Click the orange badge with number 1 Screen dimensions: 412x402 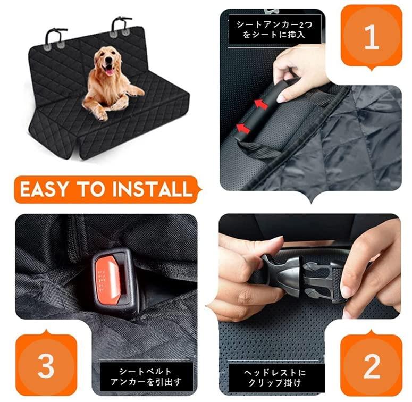[371, 37]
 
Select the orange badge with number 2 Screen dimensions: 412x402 [372, 365]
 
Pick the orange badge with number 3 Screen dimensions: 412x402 [46, 365]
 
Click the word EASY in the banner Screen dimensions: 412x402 [44, 189]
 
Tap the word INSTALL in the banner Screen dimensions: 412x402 [152, 189]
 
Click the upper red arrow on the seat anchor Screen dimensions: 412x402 [261, 104]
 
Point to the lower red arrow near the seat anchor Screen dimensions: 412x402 [243, 129]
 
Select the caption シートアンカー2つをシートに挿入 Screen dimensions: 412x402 [274, 30]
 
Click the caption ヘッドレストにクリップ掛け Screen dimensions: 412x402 [275, 378]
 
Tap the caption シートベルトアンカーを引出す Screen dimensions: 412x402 [146, 376]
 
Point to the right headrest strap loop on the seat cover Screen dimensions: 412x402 [120, 26]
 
